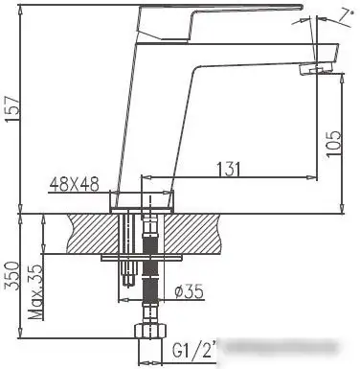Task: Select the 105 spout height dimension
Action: pyautogui.click(x=332, y=144)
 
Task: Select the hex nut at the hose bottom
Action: pyautogui.click(x=150, y=334)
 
